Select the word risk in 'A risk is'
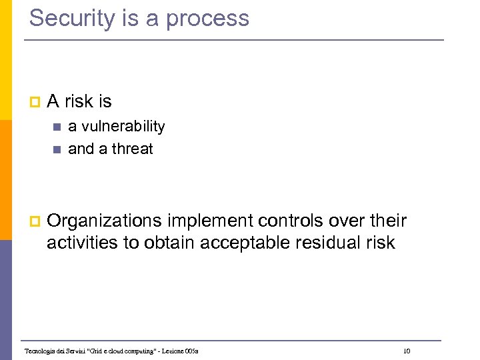(80, 101)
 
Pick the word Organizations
(105, 221)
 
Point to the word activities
(83, 243)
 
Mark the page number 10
(407, 351)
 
